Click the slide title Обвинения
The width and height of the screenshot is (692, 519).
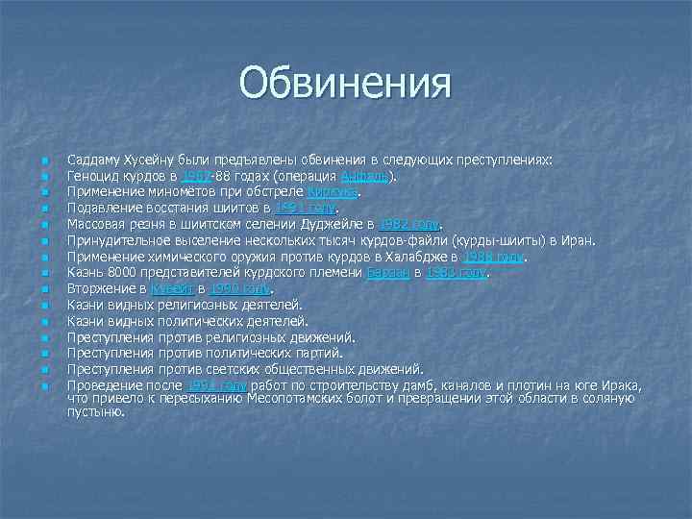coord(345,83)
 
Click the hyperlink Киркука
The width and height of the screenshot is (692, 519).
coord(332,193)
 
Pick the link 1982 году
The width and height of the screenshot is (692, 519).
coord(410,224)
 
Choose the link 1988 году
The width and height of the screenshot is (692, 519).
coord(496,257)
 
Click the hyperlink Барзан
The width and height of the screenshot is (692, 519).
coord(386,273)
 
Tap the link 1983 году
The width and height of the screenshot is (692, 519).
coord(457,273)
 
